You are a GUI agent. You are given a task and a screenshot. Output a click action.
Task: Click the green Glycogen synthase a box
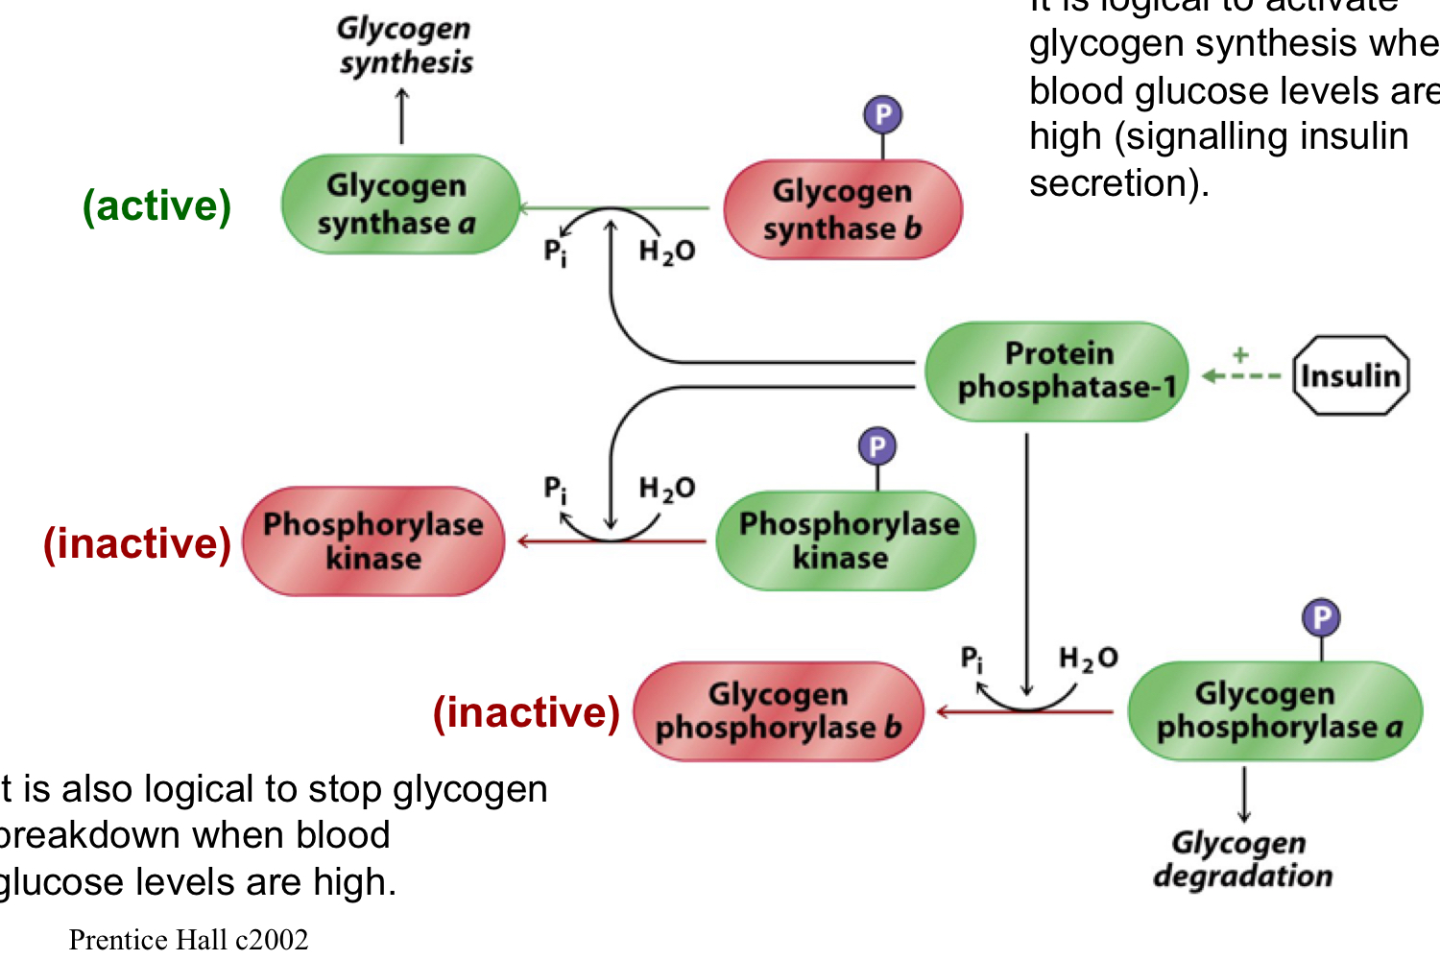click(400, 204)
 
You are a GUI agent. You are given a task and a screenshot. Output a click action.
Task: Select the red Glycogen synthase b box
click(842, 210)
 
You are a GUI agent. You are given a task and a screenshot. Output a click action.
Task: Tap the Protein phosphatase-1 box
click(1057, 372)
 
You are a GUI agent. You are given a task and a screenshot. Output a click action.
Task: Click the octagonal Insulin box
click(1351, 375)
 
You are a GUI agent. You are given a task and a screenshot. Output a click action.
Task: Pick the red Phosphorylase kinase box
click(373, 541)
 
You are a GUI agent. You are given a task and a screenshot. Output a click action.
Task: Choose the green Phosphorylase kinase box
click(846, 540)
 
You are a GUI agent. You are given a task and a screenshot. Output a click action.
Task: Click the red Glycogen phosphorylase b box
click(779, 711)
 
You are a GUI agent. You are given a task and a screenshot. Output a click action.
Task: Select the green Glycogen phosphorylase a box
click(1275, 711)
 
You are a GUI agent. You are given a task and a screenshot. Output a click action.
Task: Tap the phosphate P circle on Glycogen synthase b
click(882, 115)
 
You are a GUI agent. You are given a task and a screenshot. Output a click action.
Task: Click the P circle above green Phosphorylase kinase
click(876, 446)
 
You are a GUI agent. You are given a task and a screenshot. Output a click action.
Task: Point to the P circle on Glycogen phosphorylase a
click(1321, 617)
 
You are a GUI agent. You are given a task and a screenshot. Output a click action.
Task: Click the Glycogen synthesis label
click(404, 45)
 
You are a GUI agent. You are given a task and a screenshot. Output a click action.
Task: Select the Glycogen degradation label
click(1242, 859)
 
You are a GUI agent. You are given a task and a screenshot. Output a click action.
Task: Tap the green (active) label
click(156, 205)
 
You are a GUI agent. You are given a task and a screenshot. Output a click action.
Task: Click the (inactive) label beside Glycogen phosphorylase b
click(526, 712)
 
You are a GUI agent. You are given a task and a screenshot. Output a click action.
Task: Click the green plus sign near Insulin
click(1240, 354)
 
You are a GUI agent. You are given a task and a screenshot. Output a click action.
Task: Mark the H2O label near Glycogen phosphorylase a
click(1088, 659)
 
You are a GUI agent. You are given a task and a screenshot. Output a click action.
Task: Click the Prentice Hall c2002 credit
click(188, 939)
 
